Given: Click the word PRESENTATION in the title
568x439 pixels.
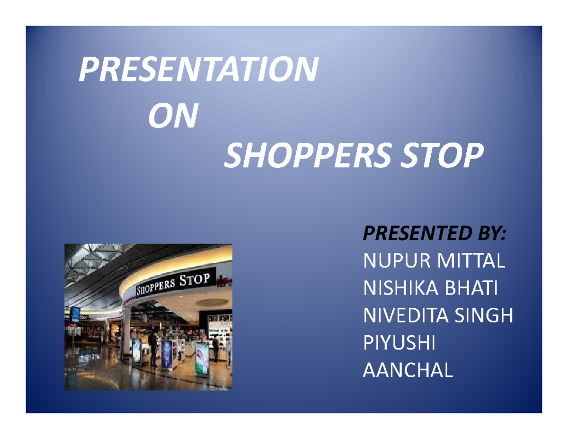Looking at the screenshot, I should [x=196, y=70].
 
